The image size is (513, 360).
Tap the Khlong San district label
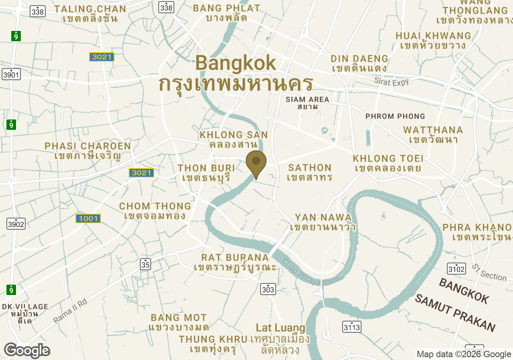pos(234,139)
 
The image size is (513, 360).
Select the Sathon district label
pos(310,172)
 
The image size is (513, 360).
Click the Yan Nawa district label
pos(323,222)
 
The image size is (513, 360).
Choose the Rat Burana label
pos(235,262)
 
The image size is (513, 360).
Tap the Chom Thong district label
pos(155,211)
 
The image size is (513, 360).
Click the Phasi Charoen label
pos(88,151)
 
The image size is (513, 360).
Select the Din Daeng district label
pos(360,63)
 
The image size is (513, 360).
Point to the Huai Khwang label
pos(433,40)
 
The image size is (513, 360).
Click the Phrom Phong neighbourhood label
pos(395,116)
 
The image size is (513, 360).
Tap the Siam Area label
pos(307,103)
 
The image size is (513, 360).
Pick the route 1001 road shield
pos(88,218)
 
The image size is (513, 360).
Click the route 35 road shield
pos(145,264)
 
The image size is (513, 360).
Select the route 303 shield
pos(268,289)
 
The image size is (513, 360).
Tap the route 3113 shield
pos(352,327)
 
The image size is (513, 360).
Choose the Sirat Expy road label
pos(392,81)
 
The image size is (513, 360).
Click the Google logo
pos(27,350)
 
